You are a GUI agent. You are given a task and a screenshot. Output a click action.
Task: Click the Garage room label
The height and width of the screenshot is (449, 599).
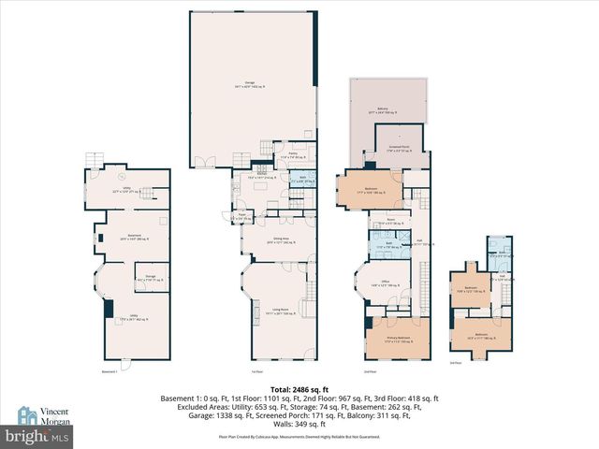(x=250, y=85)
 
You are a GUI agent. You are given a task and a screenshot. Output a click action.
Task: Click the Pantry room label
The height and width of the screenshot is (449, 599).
(x=293, y=156)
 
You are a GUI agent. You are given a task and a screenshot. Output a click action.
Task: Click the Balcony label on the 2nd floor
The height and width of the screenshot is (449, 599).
(x=383, y=110)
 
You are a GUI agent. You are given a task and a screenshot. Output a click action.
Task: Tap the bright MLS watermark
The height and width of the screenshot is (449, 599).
(x=37, y=436)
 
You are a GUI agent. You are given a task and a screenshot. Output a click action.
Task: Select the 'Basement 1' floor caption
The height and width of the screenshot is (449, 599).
(x=110, y=371)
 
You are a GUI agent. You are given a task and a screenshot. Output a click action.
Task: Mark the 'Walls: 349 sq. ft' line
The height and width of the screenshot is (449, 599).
(x=300, y=425)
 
